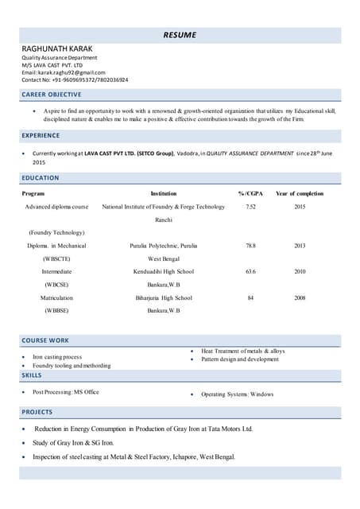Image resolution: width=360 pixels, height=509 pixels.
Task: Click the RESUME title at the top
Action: pyautogui.click(x=180, y=35)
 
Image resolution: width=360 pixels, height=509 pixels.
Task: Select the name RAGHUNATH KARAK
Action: pyautogui.click(x=56, y=49)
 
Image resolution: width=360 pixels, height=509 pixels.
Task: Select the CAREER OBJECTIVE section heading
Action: pyautogui.click(x=51, y=95)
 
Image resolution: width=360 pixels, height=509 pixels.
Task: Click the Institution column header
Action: pyautogui.click(x=163, y=193)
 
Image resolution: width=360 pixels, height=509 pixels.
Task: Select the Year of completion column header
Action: pyautogui.click(x=300, y=193)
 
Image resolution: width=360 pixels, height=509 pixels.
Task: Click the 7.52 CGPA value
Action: pyautogui.click(x=250, y=207)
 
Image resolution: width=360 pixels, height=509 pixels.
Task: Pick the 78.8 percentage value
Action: pyautogui.click(x=250, y=246)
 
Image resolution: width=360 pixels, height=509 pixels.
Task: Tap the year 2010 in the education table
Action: pyautogui.click(x=300, y=271)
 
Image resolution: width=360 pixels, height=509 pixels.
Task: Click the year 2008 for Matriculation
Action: pyautogui.click(x=300, y=297)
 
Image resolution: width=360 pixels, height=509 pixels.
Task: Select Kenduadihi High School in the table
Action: pyautogui.click(x=163, y=271)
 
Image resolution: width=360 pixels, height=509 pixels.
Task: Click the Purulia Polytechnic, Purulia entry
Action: pyautogui.click(x=163, y=246)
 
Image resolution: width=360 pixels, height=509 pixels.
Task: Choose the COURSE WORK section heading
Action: pyautogui.click(x=45, y=340)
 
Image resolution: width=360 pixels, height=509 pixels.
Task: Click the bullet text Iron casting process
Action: pyautogui.click(x=57, y=357)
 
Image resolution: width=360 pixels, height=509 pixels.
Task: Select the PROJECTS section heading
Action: pyautogui.click(x=37, y=412)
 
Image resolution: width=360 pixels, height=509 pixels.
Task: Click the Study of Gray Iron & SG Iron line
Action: pyautogui.click(x=73, y=442)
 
